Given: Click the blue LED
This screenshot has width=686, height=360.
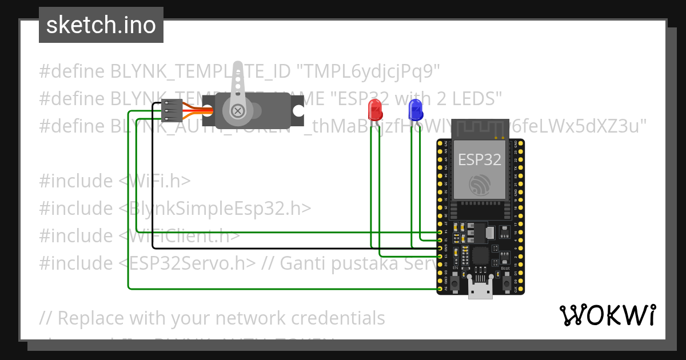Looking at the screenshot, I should tap(415, 109).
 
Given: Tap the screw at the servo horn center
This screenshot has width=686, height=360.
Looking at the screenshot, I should tap(236, 111).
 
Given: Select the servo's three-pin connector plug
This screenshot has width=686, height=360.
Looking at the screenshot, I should tap(171, 111).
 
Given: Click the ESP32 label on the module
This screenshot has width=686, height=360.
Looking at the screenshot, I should tap(480, 159).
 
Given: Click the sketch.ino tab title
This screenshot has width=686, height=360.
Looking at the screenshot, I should tap(101, 25).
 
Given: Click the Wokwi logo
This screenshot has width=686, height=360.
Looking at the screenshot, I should tap(607, 315).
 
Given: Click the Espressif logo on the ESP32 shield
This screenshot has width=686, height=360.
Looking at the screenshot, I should tap(480, 184).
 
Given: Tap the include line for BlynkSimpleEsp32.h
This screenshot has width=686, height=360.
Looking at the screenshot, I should tap(175, 208).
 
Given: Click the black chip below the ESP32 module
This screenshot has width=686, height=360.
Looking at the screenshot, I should tap(480, 255).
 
